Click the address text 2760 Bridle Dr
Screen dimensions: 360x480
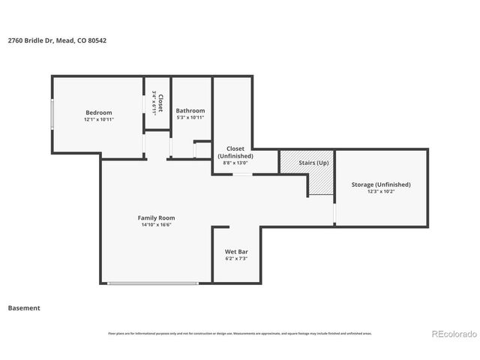[x=30, y=40]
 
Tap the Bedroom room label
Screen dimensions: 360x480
[x=98, y=112]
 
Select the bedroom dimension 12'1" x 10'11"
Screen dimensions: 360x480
[x=98, y=119]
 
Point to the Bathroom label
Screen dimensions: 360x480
[x=190, y=110]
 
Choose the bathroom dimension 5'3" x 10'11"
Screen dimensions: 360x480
[x=190, y=118]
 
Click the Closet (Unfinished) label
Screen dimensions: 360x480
[x=235, y=152]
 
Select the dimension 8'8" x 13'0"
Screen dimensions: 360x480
[x=235, y=163]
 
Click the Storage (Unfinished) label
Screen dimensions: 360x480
[x=381, y=184]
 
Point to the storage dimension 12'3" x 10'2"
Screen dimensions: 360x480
[x=381, y=191]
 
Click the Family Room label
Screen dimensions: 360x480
[x=156, y=217]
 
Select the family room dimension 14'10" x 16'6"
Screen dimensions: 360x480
[x=156, y=225]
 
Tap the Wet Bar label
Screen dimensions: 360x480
[x=236, y=251]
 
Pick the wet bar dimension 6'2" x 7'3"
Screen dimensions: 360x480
[x=236, y=259]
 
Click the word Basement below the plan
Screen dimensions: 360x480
[x=24, y=307]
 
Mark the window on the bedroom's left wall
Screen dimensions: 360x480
[x=52, y=115]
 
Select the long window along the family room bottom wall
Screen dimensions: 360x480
[x=152, y=283]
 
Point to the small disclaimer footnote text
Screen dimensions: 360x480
[x=239, y=333]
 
